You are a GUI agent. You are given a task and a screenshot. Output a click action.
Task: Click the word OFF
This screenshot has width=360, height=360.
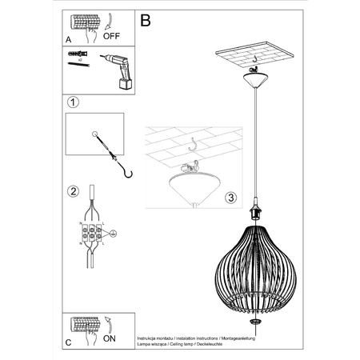[113, 35]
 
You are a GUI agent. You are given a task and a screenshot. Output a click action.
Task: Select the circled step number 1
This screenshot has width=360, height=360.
[73, 102]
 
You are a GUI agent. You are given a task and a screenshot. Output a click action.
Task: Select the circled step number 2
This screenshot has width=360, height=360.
[73, 191]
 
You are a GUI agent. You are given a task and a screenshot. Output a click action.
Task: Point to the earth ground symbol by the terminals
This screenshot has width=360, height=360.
[113, 234]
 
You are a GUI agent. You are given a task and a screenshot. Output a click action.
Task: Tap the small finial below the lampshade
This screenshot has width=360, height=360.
[254, 319]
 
